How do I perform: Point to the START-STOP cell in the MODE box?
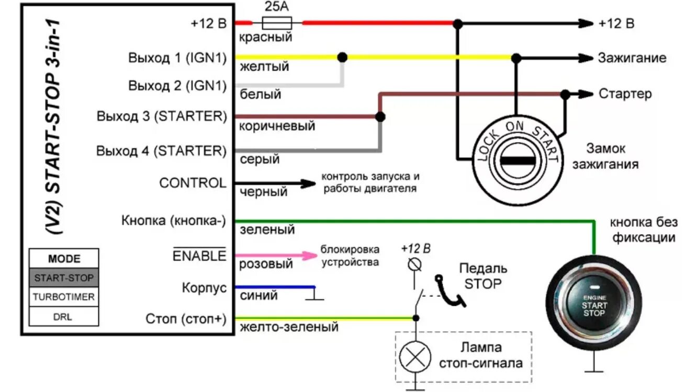pyautogui.click(x=64, y=278)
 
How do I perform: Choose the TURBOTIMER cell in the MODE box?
pyautogui.click(x=64, y=297)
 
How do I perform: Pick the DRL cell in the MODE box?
pyautogui.click(x=64, y=316)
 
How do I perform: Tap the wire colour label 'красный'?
pyautogui.click(x=265, y=38)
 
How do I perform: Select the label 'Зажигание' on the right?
pyautogui.click(x=632, y=57)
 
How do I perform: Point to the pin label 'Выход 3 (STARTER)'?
pyautogui.click(x=162, y=116)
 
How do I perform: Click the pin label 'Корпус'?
pyautogui.click(x=204, y=287)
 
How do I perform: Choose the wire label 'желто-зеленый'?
pyautogui.click(x=289, y=327)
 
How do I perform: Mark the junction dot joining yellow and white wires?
pyautogui.click(x=343, y=57)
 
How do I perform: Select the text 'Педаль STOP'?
pyautogui.click(x=482, y=276)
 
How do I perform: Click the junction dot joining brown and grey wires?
pyautogui.click(x=380, y=117)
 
